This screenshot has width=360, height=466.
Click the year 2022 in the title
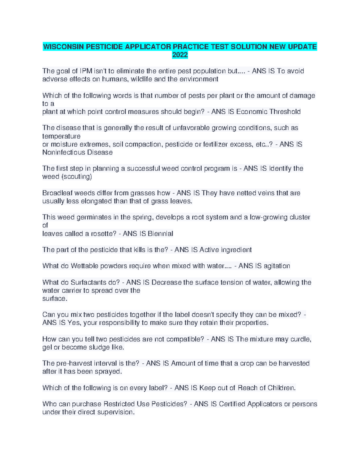pyautogui.click(x=180, y=55)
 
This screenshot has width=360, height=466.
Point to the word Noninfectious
pyautogui.click(x=64, y=152)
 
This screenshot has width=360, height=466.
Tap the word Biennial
pyautogui.click(x=160, y=234)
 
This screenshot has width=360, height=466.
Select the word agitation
pyautogui.click(x=276, y=266)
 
